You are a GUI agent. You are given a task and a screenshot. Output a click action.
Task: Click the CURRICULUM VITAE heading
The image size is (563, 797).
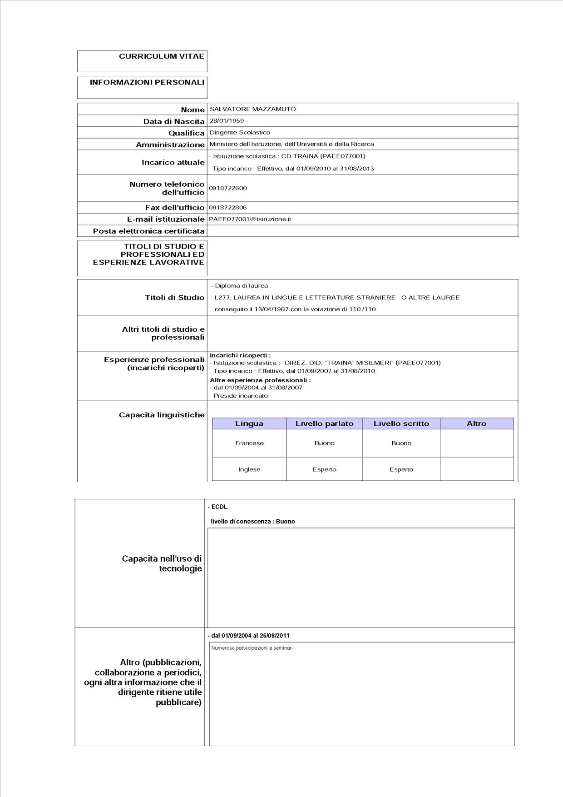pyautogui.click(x=161, y=56)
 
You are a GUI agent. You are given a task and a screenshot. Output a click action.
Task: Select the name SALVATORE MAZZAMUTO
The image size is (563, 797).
pyautogui.click(x=252, y=109)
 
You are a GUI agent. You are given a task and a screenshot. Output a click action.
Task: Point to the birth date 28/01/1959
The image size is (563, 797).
pyautogui.click(x=227, y=121)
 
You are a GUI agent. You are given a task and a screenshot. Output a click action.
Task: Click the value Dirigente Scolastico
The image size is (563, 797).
pyautogui.click(x=240, y=133)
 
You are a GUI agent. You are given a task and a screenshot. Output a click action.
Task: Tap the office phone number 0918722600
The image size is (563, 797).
pyautogui.click(x=228, y=188)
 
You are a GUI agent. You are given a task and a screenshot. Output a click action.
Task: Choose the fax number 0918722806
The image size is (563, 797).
pyautogui.click(x=228, y=208)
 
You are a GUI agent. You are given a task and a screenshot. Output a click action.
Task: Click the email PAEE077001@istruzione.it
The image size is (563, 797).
pyautogui.click(x=250, y=219)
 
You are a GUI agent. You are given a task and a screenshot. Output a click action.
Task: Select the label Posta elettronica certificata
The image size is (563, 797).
pyautogui.click(x=148, y=231)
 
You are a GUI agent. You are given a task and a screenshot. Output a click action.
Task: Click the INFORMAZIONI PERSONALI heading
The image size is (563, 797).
pyautogui.click(x=147, y=82)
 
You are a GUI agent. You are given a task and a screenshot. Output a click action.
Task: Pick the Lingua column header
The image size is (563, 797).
pyautogui.click(x=249, y=423)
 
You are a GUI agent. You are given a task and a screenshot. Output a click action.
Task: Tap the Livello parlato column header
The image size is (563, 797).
pyautogui.click(x=324, y=423)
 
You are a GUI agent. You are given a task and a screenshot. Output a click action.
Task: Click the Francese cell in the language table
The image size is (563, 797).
pyautogui.click(x=249, y=443)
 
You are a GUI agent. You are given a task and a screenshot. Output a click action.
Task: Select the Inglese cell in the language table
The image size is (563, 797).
pyautogui.click(x=249, y=469)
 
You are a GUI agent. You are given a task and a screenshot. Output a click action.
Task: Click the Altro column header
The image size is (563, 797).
pyautogui.click(x=476, y=423)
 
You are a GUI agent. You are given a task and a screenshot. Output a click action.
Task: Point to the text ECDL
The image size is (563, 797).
pyautogui.click(x=219, y=507)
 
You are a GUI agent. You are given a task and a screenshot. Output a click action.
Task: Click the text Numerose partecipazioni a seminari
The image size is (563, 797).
pyautogui.click(x=252, y=648)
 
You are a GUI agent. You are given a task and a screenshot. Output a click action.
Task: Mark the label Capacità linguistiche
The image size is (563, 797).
pyautogui.click(x=162, y=415)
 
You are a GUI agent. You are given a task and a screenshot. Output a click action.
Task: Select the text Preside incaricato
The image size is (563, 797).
pyautogui.click(x=241, y=396)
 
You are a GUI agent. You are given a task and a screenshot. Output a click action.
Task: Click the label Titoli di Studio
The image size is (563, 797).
pyautogui.click(x=174, y=298)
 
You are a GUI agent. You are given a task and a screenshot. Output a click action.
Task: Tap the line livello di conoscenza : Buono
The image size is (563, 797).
pyautogui.click(x=252, y=522)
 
